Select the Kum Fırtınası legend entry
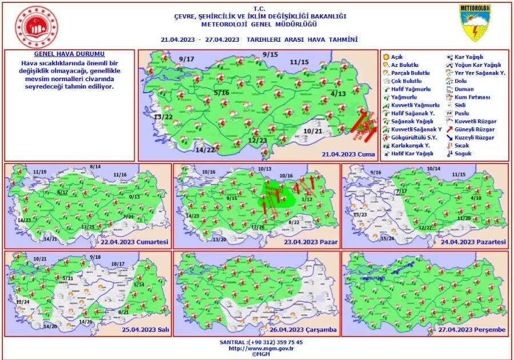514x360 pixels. click(470, 97)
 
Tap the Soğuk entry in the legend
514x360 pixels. click(462, 154)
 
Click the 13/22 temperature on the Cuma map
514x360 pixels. click(163, 117)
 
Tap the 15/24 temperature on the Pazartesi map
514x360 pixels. click(387, 238)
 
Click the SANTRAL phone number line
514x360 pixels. click(257, 341)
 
